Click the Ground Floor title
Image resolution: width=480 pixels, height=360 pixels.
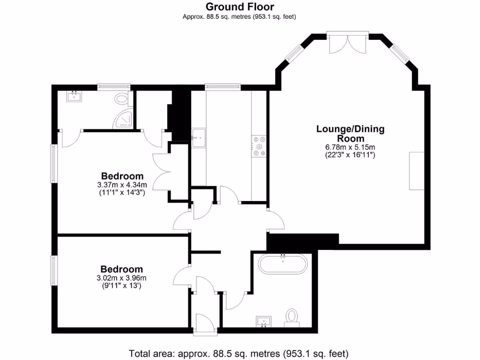pos(240,7)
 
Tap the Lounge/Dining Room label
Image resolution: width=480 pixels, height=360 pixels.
pos(351,134)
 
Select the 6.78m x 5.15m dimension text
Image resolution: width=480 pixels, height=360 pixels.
pos(351,147)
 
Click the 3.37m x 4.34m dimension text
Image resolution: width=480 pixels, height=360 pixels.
pos(122,185)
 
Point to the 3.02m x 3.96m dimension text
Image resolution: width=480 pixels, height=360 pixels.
pos(122,278)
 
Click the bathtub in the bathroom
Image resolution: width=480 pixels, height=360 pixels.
pos(283,265)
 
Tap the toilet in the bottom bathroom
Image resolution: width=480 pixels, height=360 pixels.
pos(292,316)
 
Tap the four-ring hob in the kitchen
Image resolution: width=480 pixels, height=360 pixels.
pos(259,146)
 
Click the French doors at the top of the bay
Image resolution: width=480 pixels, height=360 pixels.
pos(347,42)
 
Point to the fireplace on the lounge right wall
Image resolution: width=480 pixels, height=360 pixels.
pos(417,171)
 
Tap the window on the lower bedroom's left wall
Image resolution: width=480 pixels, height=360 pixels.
pos(54,270)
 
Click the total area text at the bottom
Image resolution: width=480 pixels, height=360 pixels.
pos(239,352)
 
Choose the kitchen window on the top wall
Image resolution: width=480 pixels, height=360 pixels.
pos(223,86)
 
